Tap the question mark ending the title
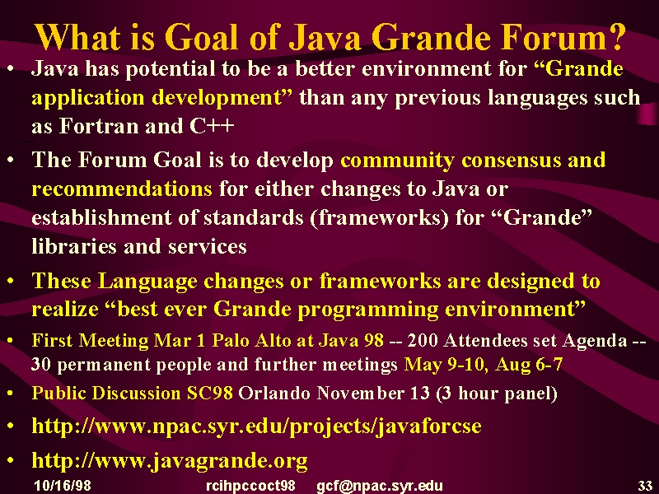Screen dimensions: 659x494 pos(615,37)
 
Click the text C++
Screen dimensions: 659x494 pos(212,126)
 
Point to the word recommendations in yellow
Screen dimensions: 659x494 pos(122,189)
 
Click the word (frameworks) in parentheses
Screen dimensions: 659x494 pos(379,217)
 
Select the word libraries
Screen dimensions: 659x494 pos(74,246)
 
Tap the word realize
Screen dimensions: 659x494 pos(65,310)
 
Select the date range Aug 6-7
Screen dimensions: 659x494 pos(529,364)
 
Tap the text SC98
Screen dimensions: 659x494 pos(210,394)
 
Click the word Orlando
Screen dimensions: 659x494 pos(274,394)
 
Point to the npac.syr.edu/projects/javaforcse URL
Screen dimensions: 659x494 pos(256,426)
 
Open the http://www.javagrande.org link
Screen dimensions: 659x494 pos(170,461)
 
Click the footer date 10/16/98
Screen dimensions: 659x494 pos(63,486)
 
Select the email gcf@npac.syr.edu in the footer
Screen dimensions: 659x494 pos(380,486)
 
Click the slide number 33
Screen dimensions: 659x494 pos(645,486)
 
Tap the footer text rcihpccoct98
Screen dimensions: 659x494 pos(250,486)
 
